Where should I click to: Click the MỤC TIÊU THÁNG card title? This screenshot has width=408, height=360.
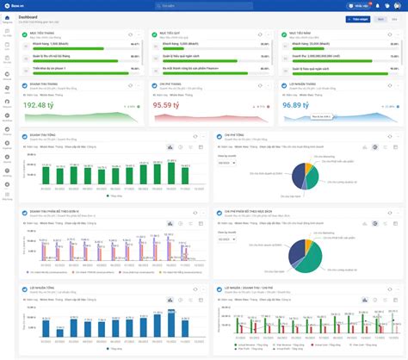point(43,31)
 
